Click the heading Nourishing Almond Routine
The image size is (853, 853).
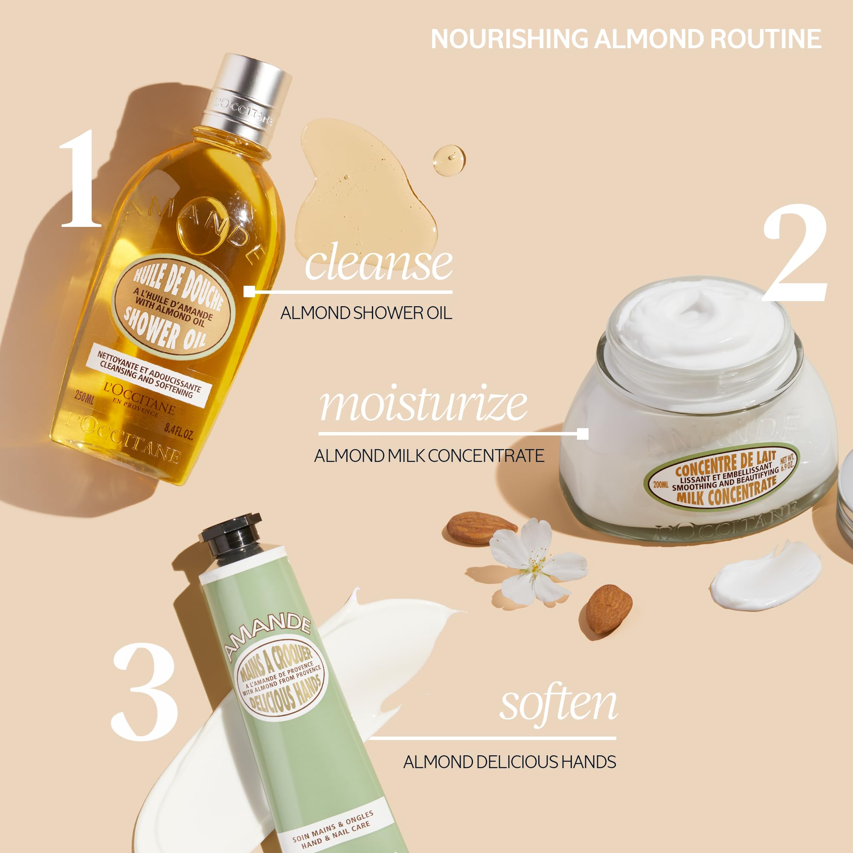coord(626,39)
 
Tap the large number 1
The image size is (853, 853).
coord(79,179)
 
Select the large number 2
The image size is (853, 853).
coord(795,254)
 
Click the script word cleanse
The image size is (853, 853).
coord(378,264)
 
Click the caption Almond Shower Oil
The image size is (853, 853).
coord(366,313)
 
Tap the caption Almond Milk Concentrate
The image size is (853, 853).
coord(429,456)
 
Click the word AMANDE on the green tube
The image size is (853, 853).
coord(267,634)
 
